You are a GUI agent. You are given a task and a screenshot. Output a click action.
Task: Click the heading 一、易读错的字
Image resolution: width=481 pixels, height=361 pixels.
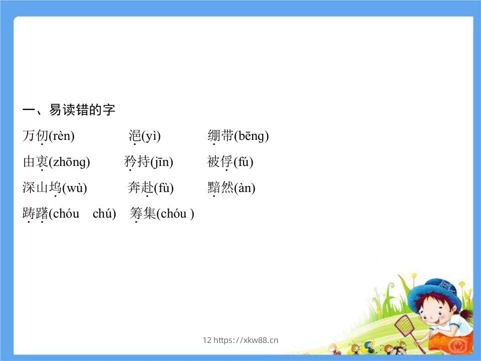click(x=69, y=110)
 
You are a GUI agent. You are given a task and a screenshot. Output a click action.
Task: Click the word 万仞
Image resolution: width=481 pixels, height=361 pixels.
click(x=35, y=136)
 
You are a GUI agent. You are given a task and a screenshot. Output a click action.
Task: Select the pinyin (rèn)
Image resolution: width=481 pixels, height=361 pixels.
click(x=61, y=136)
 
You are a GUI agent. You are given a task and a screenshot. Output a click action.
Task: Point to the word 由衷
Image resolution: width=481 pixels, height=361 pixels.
click(x=35, y=162)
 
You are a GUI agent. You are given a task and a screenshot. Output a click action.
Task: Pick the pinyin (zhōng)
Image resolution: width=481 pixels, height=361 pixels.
click(x=69, y=162)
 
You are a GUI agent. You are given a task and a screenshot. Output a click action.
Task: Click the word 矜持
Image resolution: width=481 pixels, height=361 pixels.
click(x=137, y=162)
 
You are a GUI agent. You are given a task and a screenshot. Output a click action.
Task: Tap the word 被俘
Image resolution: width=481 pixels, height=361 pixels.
click(x=220, y=162)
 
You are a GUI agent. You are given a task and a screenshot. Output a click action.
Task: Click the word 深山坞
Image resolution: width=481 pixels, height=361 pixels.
click(x=42, y=188)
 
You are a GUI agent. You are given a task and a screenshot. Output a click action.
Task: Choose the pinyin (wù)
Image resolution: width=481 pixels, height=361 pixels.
click(x=74, y=188)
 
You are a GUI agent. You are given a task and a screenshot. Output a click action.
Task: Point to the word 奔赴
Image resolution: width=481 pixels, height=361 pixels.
click(x=140, y=188)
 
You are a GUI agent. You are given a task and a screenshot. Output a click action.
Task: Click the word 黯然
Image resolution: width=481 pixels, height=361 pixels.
click(x=220, y=188)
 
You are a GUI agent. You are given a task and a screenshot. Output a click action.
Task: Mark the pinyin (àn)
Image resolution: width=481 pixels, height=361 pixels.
click(x=245, y=188)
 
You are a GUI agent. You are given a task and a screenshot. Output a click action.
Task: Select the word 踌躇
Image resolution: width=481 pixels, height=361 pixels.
click(x=35, y=214)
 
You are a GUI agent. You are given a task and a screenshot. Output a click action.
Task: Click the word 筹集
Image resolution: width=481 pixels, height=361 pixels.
click(x=143, y=214)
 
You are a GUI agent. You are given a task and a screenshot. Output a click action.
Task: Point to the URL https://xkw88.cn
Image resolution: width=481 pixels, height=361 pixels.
click(x=246, y=340)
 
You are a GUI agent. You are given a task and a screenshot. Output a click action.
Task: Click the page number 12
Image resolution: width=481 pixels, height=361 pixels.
click(x=207, y=340)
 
